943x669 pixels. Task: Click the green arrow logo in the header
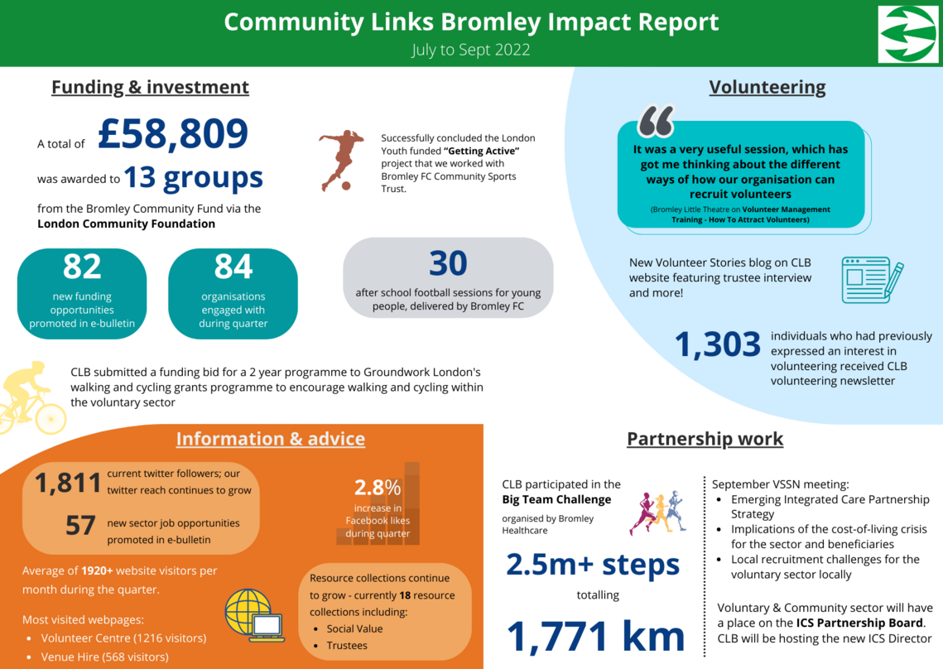[x=908, y=34]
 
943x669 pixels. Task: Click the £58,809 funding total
[x=173, y=134]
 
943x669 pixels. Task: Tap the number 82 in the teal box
[x=82, y=267]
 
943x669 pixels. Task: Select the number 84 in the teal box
[x=233, y=267]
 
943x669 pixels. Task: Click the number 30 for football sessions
[x=448, y=263]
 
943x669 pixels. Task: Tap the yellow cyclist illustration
[x=33, y=397]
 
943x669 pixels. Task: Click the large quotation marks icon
[x=656, y=121]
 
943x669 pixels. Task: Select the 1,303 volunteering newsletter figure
[x=718, y=345]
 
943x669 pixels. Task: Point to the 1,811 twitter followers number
[x=67, y=483]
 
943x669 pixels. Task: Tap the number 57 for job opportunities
[x=80, y=525]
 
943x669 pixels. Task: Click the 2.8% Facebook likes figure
[x=378, y=487]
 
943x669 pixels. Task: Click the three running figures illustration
[x=658, y=513]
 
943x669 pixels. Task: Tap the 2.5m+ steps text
[x=593, y=565]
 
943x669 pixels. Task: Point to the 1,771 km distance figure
[x=596, y=636]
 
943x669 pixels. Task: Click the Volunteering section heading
[x=767, y=87]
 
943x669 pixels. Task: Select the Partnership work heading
[x=705, y=439]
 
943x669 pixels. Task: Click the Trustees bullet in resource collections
[x=347, y=645]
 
